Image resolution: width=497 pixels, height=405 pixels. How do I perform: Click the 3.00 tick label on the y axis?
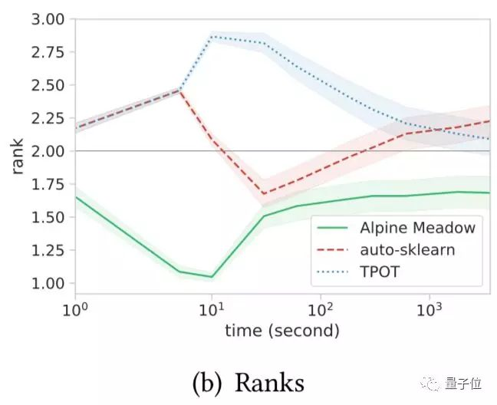(48, 19)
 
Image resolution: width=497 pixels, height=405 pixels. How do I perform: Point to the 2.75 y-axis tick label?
(48, 52)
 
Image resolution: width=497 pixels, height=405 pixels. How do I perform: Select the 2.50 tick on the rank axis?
(48, 85)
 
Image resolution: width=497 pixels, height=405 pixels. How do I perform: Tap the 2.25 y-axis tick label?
(48, 118)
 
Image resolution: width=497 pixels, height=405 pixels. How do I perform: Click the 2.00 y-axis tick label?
(48, 151)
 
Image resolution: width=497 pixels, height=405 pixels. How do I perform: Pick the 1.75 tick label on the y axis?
(48, 184)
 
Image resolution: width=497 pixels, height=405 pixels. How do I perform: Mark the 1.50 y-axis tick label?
(48, 217)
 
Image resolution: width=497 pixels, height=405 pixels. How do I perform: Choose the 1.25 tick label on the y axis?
(48, 250)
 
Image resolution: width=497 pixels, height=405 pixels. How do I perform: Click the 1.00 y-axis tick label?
(48, 283)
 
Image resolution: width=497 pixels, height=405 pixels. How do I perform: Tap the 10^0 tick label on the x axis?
(75, 311)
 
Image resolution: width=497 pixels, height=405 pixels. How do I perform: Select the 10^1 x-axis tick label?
(211, 311)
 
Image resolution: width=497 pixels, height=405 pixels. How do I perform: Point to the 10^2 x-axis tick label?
(320, 311)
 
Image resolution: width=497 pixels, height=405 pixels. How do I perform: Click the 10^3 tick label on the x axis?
(429, 311)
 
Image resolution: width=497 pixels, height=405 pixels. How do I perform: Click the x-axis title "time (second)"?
(281, 332)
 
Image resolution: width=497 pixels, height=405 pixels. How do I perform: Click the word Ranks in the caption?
(269, 381)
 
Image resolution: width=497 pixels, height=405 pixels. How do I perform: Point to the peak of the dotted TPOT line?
(212, 36)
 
